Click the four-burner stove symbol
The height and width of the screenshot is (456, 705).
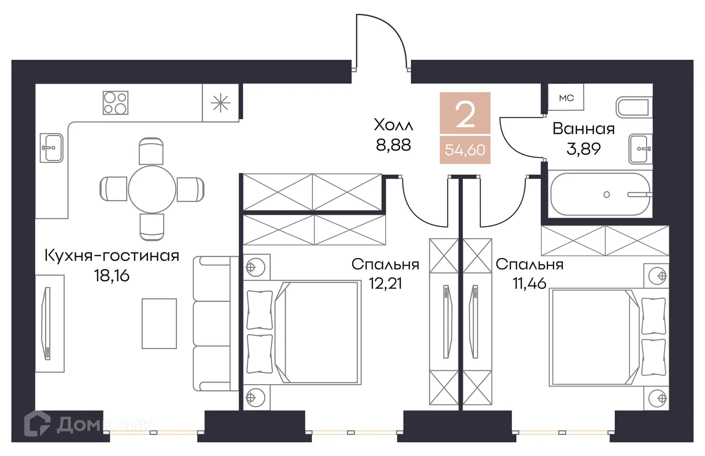pyautogui.click(x=115, y=103)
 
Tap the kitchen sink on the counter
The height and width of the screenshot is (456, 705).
pyautogui.click(x=51, y=148)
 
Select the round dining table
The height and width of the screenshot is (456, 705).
pyautogui.click(x=152, y=189)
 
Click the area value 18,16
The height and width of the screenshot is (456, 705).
pyautogui.click(x=112, y=276)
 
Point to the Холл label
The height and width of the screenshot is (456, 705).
pyautogui.click(x=393, y=125)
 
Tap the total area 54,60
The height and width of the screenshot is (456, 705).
pyautogui.click(x=465, y=150)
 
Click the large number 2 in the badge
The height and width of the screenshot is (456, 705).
pyautogui.click(x=465, y=115)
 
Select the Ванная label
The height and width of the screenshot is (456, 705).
pyautogui.click(x=583, y=129)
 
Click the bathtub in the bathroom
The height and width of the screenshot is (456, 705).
pyautogui.click(x=600, y=194)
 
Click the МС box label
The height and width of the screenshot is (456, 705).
pyautogui.click(x=566, y=98)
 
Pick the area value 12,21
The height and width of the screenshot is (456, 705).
pyautogui.click(x=385, y=284)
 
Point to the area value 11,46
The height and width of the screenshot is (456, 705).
pyautogui.click(x=529, y=284)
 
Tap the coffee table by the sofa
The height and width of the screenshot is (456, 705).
pyautogui.click(x=159, y=323)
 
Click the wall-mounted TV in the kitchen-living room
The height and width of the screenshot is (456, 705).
pyautogui.click(x=47, y=323)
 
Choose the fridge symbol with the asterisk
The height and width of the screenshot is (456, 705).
pyautogui.click(x=220, y=103)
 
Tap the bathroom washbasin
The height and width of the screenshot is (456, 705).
pyautogui.click(x=640, y=149)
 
